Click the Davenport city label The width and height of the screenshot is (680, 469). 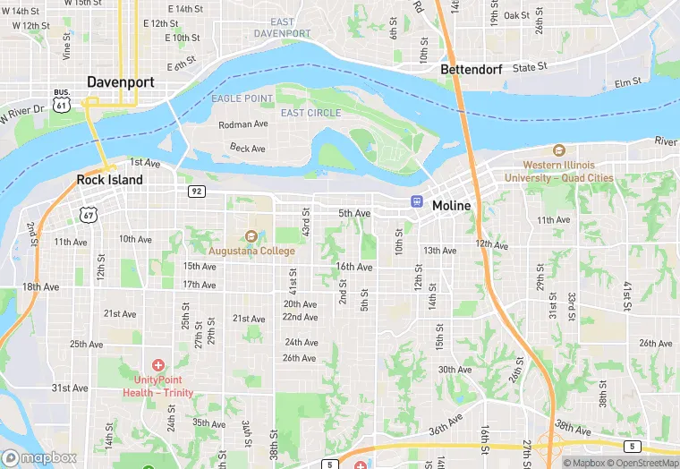tap(120, 82)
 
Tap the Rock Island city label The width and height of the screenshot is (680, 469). tap(109, 180)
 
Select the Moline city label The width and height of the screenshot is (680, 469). tap(451, 206)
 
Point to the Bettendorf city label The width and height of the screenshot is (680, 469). tap(475, 68)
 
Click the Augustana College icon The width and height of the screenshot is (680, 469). tap(251, 237)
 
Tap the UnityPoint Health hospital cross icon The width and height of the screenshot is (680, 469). tap(158, 365)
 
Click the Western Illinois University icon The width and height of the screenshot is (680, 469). tap(559, 151)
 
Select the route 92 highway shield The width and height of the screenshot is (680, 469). tap(195, 192)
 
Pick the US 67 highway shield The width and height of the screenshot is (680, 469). tap(86, 215)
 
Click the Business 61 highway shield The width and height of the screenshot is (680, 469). tap(62, 103)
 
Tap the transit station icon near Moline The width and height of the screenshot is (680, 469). tap(416, 202)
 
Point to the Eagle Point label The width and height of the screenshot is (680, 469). tap(242, 98)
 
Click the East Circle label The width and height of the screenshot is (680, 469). tap(310, 113)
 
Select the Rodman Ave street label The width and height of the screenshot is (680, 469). tap(243, 124)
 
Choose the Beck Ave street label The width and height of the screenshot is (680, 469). tap(247, 149)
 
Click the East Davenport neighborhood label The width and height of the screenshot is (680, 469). tap(282, 27)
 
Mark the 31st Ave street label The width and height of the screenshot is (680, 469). tap(69, 388)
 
